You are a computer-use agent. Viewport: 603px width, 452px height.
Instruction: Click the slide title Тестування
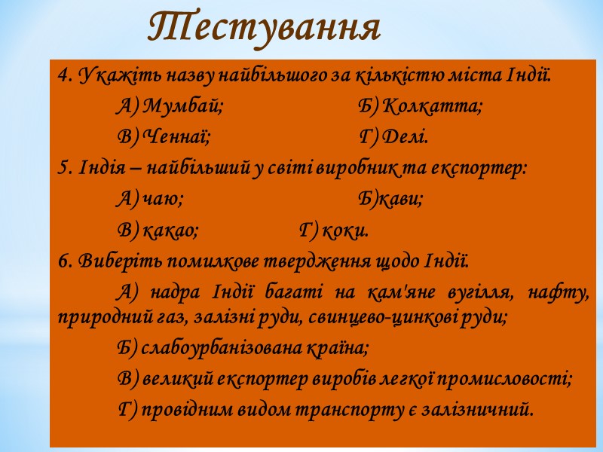click(x=264, y=28)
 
